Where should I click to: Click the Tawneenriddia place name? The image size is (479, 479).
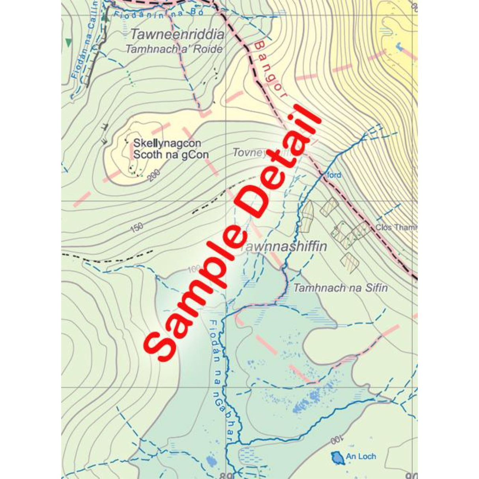177,35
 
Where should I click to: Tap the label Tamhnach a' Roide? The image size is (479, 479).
174,49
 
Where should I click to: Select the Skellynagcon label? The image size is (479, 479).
167,143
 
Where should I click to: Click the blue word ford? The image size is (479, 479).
334,175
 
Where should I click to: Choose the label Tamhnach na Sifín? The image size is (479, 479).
340,288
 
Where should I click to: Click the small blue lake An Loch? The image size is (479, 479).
337,458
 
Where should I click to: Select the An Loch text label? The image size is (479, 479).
361,457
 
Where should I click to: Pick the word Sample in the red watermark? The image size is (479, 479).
201,292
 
